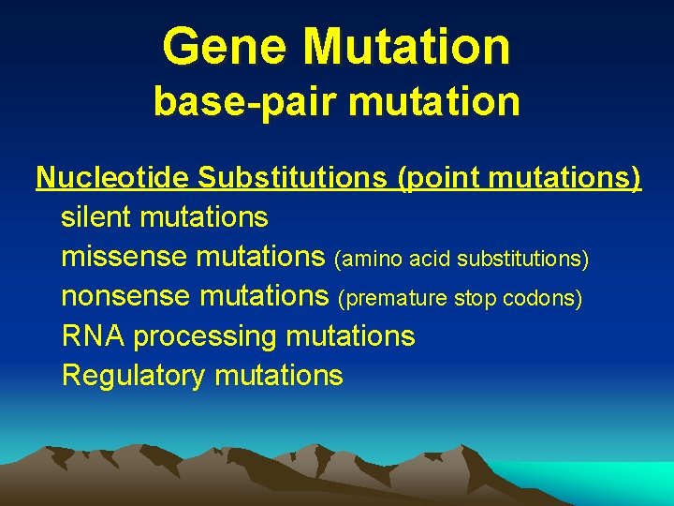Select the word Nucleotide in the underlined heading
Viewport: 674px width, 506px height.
click(x=113, y=177)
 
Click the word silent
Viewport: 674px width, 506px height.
click(x=96, y=217)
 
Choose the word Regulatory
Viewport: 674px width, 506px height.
click(x=133, y=377)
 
